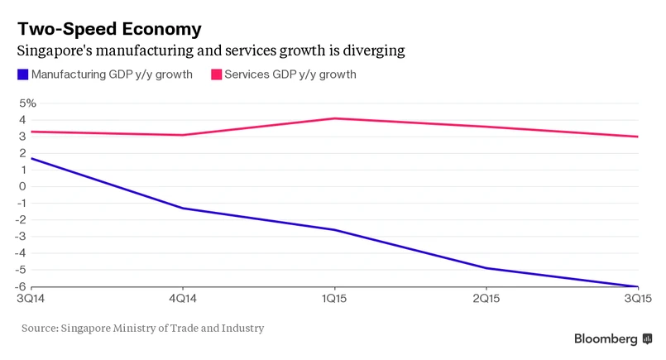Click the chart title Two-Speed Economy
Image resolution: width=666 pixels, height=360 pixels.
[109, 29]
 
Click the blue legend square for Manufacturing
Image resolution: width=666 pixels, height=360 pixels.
[22, 75]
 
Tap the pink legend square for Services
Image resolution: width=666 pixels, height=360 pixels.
[217, 75]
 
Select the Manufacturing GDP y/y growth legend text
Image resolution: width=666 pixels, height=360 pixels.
[112, 75]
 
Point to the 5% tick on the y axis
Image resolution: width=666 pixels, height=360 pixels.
[27, 103]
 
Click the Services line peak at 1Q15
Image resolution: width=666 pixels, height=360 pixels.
[333, 118]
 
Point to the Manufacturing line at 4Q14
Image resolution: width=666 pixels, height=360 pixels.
[183, 208]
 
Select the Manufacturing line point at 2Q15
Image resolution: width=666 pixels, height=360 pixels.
[485, 268]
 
